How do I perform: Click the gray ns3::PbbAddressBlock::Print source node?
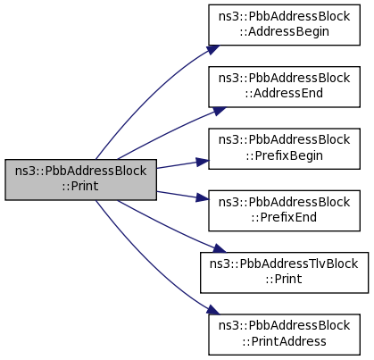click(80, 180)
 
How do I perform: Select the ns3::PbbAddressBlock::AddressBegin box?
click(284, 25)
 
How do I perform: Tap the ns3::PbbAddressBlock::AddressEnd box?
click(284, 87)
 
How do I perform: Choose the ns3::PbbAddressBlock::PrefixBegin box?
click(284, 149)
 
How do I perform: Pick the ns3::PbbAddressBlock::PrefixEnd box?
click(284, 211)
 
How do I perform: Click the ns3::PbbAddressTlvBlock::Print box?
click(284, 272)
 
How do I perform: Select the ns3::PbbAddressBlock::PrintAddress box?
click(284, 335)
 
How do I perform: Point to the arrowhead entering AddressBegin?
click(213, 49)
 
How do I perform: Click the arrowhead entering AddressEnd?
click(220, 111)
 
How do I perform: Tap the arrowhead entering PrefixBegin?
click(203, 162)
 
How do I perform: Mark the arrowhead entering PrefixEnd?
click(203, 197)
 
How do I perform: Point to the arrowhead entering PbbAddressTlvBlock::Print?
click(220, 248)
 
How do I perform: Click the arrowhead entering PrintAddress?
click(213, 310)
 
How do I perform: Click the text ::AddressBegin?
click(284, 32)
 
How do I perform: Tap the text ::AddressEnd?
click(284, 93)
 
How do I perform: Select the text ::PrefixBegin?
click(284, 155)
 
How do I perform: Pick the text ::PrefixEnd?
click(284, 217)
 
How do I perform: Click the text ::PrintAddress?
click(284, 341)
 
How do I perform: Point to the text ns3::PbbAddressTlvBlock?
click(284, 264)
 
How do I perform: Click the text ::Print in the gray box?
click(80, 186)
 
